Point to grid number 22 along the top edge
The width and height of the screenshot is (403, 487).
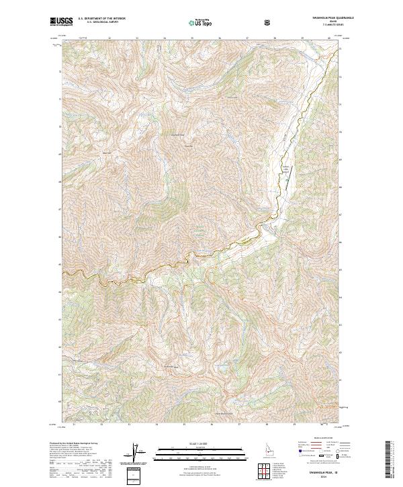tap(109, 39)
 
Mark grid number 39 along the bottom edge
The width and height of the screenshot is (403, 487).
tap(294, 425)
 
